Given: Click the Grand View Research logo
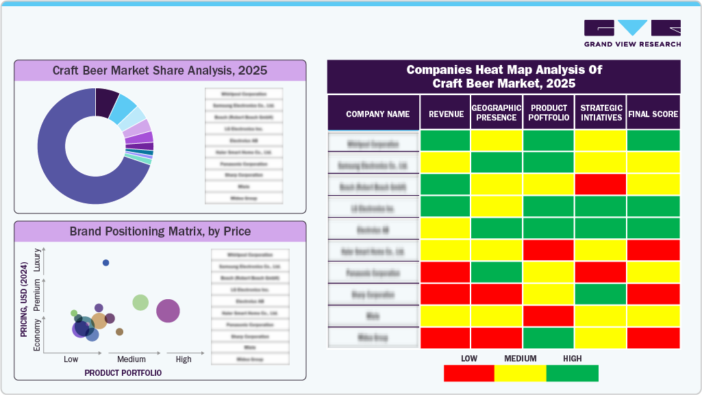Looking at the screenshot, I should [632, 33].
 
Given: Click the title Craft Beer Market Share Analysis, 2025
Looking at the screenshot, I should [160, 71].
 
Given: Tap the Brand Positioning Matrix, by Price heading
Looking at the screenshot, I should [160, 231].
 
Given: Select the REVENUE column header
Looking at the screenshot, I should [446, 114].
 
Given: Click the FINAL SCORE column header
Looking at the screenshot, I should [653, 114].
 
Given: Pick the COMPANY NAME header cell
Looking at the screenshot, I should [377, 114].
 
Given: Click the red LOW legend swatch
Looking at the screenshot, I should [469, 373].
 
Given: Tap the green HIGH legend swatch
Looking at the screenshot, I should [573, 373].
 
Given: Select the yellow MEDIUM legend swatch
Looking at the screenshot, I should [521, 373].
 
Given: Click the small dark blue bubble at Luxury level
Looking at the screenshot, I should [105, 263].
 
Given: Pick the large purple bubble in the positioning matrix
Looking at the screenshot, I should [168, 311].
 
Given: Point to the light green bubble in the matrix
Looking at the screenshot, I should [140, 302].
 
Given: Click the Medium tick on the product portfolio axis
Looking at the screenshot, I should [131, 359].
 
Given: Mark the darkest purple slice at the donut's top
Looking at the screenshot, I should [108, 102].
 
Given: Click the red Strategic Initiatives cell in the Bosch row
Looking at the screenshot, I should [601, 185].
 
